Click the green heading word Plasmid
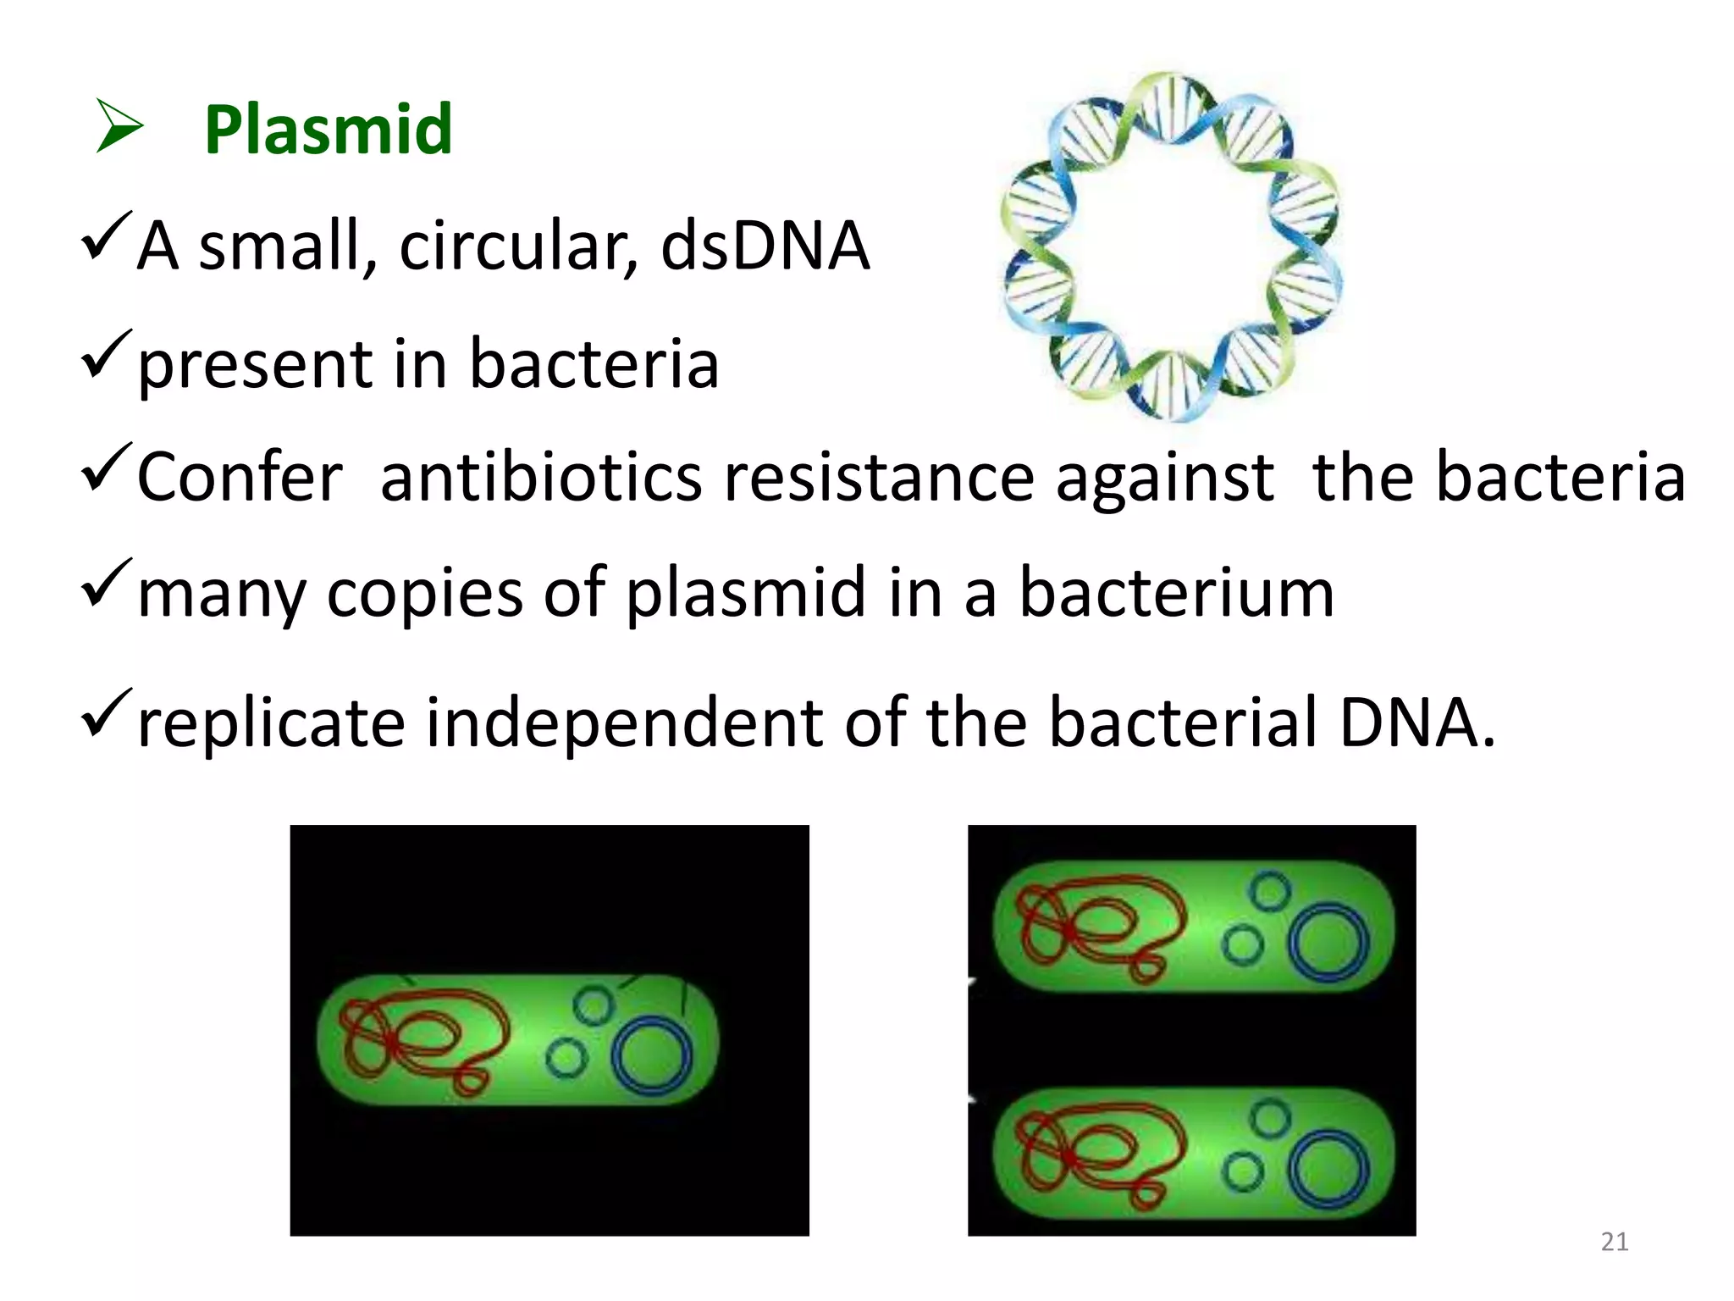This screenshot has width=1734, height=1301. tap(328, 130)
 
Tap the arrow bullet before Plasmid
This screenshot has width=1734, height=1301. tap(119, 126)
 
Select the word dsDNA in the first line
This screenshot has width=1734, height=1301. tap(765, 246)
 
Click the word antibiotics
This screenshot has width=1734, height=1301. tap(541, 478)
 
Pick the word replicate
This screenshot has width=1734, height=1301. tap(271, 723)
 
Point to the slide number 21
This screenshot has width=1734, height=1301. tap(1614, 1242)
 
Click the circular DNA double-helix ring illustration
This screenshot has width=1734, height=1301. tap(1171, 246)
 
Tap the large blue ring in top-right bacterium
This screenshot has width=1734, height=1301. tap(1328, 942)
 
